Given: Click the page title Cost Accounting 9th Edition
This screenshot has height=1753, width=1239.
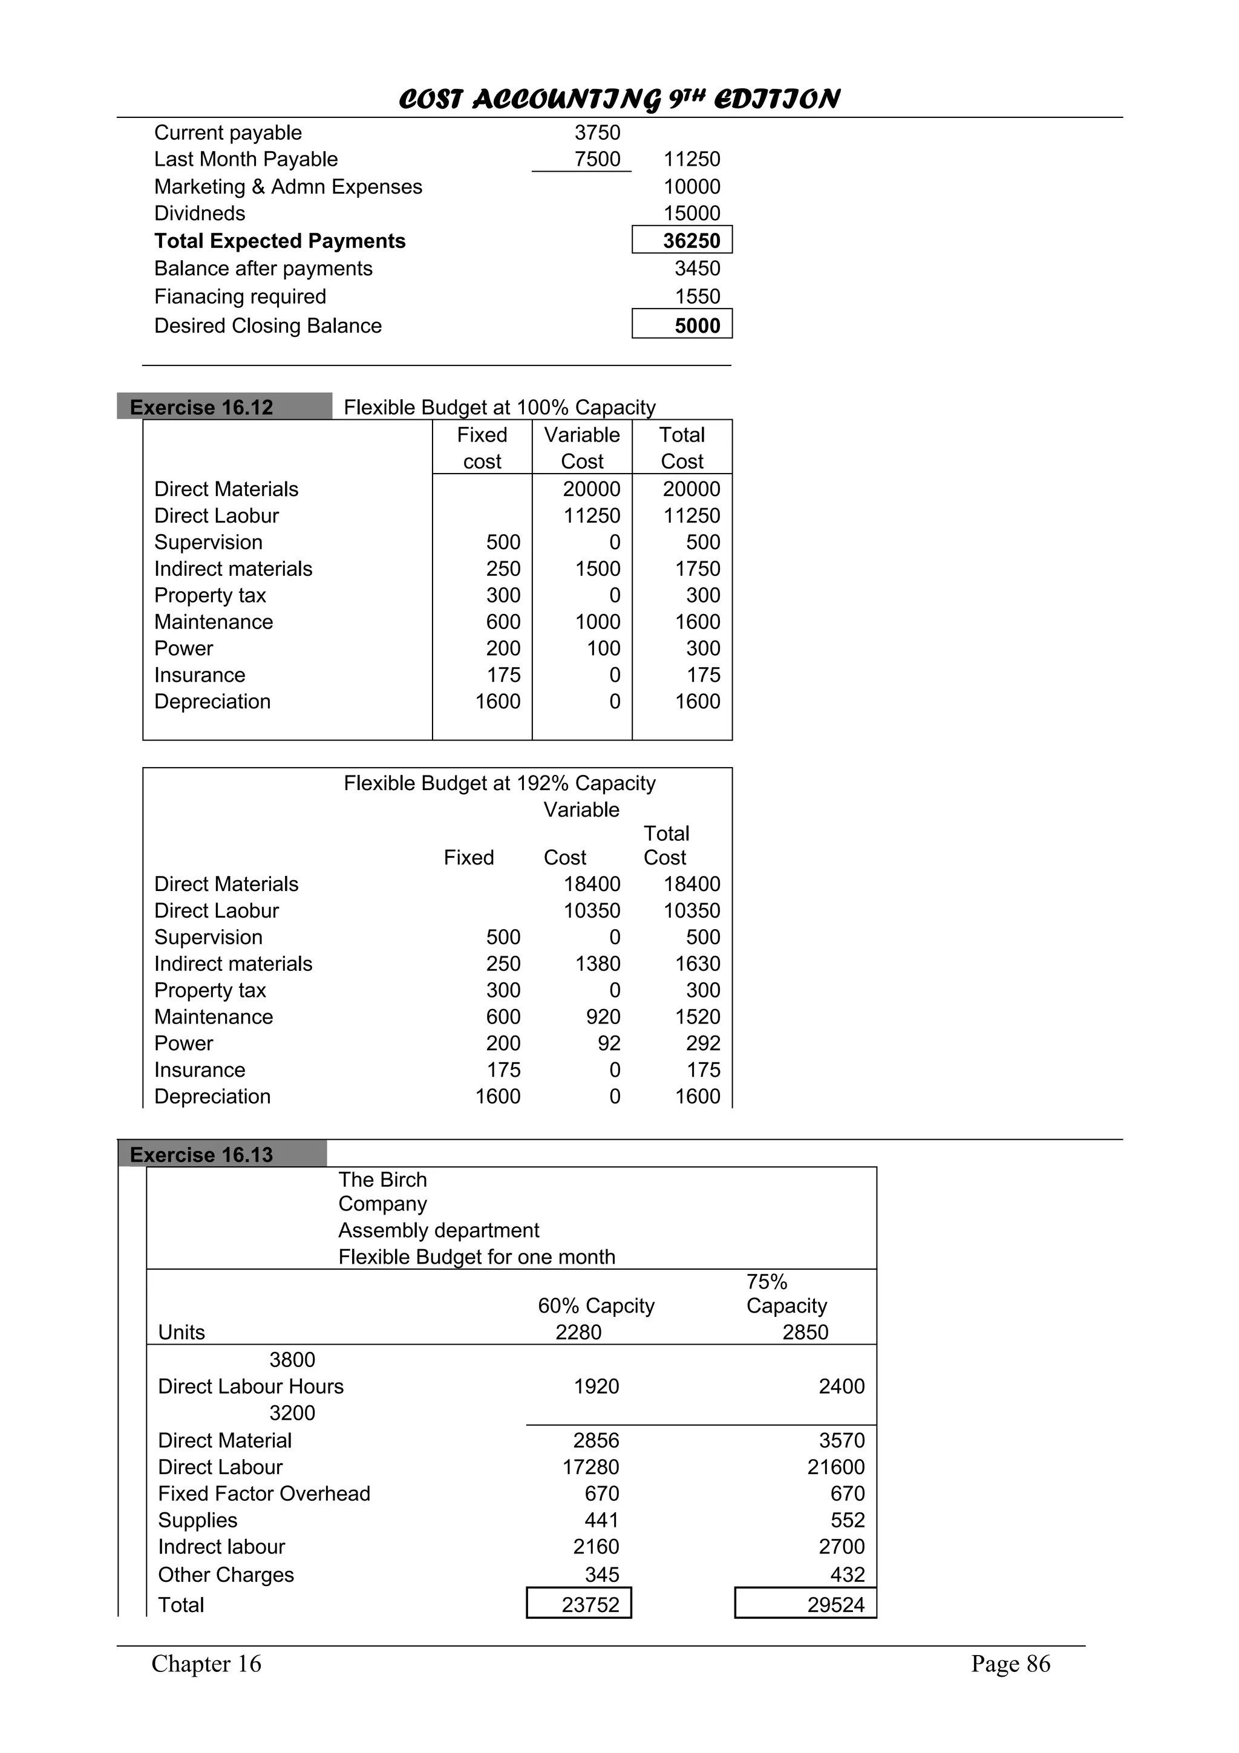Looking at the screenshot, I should coord(619,99).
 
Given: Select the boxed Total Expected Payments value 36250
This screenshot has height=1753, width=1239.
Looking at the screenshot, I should coord(682,241).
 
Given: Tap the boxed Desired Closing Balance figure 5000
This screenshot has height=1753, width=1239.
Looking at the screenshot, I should coord(682,326).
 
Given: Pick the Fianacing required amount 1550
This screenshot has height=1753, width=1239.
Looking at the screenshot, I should coord(697,296).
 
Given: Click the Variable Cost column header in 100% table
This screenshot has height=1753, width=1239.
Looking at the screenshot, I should coord(582,448).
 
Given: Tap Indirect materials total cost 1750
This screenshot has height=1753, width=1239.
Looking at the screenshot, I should coord(697,569).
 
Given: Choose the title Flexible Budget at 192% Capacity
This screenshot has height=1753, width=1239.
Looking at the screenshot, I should coord(499,783).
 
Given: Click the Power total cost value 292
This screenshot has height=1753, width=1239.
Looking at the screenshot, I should coord(702,1043).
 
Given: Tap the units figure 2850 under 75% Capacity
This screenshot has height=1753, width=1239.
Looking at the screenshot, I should coord(805,1333).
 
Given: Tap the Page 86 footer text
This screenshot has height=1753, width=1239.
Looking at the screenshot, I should coord(1010,1663).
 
